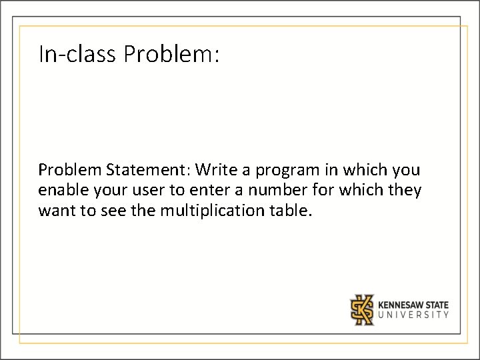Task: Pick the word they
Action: pyautogui.click(x=405, y=191)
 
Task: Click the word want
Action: pyautogui.click(x=57, y=212)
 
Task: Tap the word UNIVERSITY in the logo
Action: pyautogui.click(x=413, y=315)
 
